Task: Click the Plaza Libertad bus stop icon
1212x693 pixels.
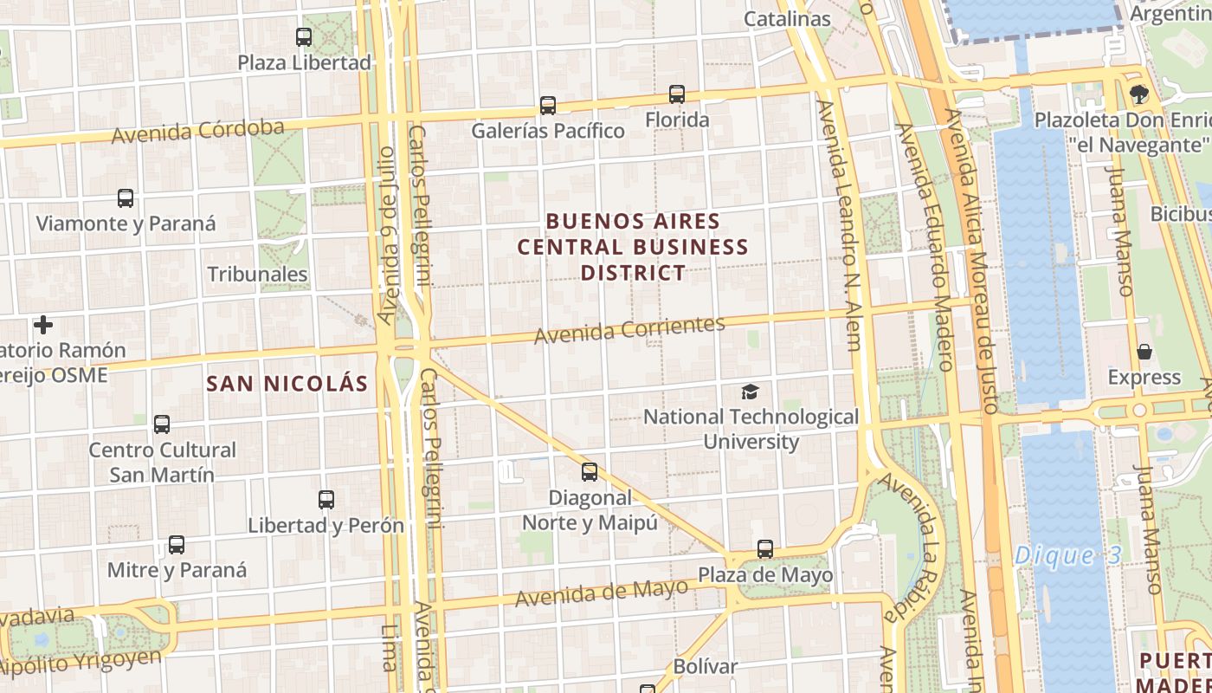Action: coord(303,37)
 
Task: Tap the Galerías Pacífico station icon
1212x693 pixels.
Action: coord(548,106)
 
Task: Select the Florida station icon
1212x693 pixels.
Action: coord(677,94)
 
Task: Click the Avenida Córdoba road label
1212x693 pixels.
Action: coord(198,132)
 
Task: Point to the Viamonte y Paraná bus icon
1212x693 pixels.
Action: coord(126,198)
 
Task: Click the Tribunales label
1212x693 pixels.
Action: coord(257,274)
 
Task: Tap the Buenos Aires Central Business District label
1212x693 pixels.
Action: coord(633,247)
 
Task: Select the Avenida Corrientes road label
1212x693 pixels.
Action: coord(629,329)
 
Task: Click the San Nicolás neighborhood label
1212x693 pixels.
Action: coord(287,383)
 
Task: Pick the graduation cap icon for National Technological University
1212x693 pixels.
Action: coord(750,392)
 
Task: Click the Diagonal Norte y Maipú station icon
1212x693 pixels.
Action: coord(590,472)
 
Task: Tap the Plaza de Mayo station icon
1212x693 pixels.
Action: coord(765,549)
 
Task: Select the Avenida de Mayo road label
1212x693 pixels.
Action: coord(602,593)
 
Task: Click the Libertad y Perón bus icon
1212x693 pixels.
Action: coord(326,500)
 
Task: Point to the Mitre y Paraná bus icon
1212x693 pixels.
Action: coord(177,545)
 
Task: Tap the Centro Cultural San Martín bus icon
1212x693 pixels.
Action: coord(162,424)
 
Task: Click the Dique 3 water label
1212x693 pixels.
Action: coord(1067,554)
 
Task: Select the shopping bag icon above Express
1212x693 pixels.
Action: coord(1144,352)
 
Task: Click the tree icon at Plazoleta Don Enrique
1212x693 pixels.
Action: coord(1138,94)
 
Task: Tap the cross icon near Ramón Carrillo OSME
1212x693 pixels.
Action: coord(43,325)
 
